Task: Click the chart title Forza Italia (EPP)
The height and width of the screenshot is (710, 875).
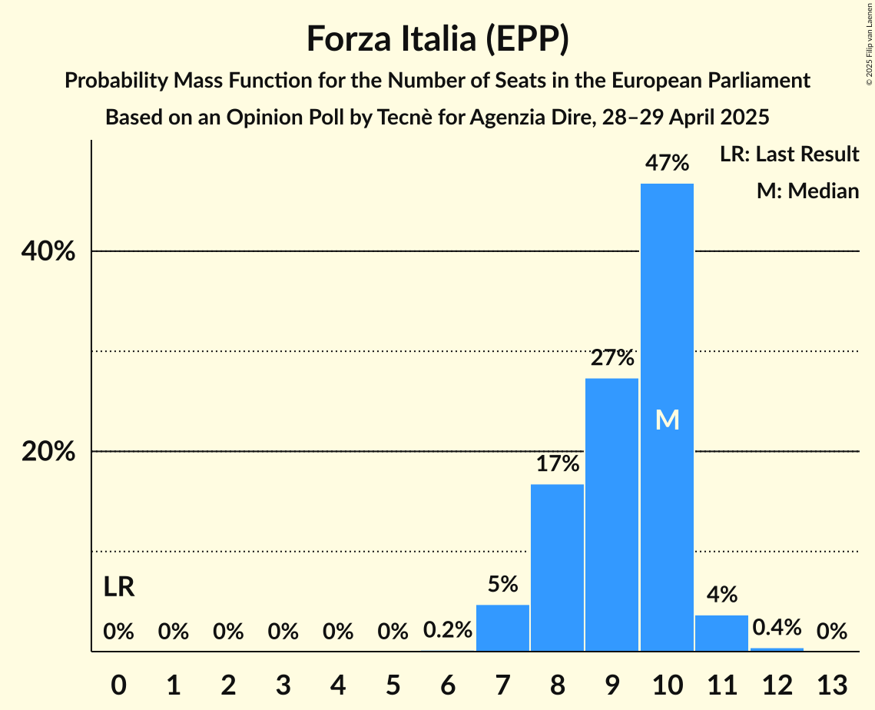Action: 437,38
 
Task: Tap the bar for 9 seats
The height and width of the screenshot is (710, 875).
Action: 612,515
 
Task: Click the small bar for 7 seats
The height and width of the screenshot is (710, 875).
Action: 502,628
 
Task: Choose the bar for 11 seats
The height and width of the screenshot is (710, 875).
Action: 721,633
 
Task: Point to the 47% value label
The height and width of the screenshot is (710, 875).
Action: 667,163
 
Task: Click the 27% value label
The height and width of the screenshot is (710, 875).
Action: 612,357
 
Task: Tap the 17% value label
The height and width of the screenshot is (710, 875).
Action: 557,463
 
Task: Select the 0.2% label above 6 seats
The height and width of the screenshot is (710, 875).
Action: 447,631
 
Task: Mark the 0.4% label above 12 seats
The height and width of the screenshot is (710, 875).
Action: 777,627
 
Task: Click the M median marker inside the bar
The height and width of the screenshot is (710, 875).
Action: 667,420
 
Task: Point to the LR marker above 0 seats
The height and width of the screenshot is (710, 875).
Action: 118,587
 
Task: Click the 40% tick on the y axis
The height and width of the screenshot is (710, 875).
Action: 48,251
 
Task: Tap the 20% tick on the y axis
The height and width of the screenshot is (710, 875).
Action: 48,452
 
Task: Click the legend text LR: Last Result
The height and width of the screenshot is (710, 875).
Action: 789,154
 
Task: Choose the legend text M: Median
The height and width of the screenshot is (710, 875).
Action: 807,191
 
